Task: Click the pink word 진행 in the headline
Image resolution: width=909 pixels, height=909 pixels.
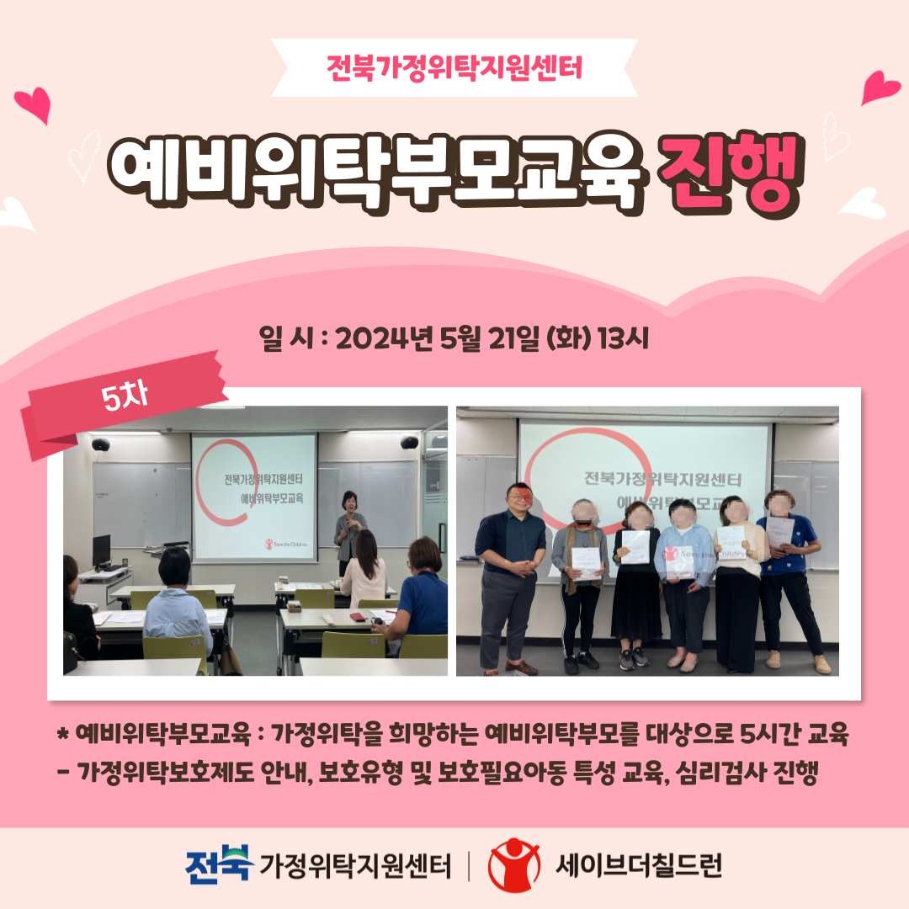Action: [731, 173]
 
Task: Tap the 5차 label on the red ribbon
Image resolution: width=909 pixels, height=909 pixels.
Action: [125, 396]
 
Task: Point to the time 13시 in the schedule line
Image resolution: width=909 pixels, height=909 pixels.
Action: [623, 338]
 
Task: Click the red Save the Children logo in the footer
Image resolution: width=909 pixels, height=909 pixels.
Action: [513, 864]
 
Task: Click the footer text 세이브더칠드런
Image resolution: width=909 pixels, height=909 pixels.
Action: [639, 865]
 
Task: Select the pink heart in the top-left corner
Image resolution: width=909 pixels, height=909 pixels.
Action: [34, 104]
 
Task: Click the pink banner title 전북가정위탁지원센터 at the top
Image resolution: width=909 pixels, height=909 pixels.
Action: [454, 67]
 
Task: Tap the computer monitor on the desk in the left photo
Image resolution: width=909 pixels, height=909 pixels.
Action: [102, 550]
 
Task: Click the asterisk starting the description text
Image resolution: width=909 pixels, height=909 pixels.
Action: [63, 734]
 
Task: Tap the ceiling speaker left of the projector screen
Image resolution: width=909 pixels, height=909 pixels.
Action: [101, 444]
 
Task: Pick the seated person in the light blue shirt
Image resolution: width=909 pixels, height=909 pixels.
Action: [176, 603]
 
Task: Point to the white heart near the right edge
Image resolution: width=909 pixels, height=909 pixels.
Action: [864, 203]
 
